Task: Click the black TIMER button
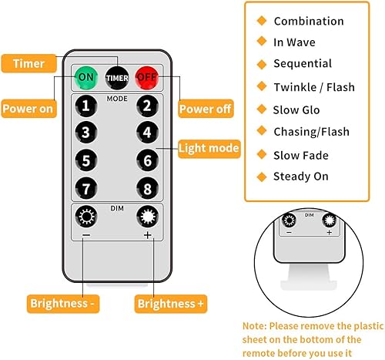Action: [117, 78]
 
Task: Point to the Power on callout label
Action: [28, 109]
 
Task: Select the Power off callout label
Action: [206, 109]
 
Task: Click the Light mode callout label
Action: [209, 146]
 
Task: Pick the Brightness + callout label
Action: [171, 304]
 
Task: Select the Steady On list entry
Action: [300, 177]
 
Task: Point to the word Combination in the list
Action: [308, 21]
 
